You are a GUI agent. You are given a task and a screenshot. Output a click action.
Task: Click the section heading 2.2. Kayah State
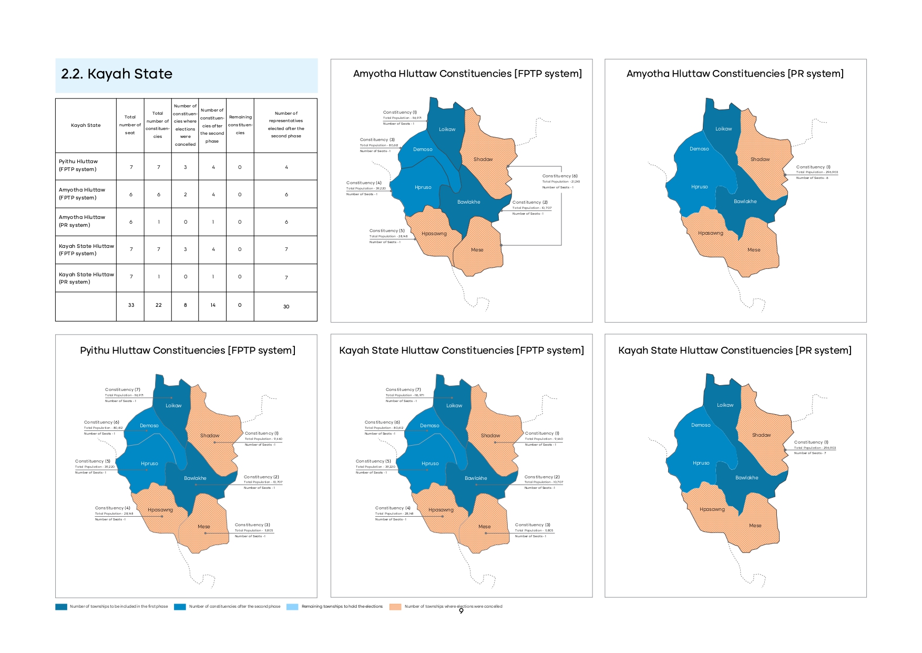[x=117, y=74]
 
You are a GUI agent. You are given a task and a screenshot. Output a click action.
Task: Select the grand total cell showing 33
[x=131, y=305]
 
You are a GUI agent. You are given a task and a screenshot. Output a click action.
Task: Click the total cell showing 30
[x=286, y=306]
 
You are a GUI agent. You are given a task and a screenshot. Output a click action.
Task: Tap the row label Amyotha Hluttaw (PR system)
[x=82, y=221]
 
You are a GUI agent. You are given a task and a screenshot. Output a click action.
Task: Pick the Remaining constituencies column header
[x=240, y=125]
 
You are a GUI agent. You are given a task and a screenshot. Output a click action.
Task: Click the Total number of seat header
[x=130, y=125]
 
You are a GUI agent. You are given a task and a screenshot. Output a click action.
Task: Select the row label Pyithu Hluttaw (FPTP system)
[x=78, y=165]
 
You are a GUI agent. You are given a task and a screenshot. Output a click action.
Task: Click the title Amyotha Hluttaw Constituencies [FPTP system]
[x=467, y=74]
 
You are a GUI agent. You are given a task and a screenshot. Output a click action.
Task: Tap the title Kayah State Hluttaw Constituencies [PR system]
[x=734, y=350]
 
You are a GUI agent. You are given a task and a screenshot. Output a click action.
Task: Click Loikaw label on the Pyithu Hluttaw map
[x=173, y=406]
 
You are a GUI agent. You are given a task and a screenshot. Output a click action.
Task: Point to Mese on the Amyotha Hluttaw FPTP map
[x=477, y=250]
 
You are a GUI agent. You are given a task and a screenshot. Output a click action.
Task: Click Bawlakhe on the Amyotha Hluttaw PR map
[x=745, y=202]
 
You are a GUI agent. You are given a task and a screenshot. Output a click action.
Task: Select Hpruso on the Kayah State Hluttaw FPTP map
[x=430, y=464]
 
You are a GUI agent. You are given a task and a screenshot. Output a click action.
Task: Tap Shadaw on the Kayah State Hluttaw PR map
[x=761, y=435]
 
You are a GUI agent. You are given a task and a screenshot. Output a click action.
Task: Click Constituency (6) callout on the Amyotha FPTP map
[x=560, y=176]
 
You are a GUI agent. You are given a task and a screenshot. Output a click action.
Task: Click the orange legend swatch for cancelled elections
[x=395, y=607]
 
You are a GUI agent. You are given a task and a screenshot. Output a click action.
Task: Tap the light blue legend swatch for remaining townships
[x=292, y=607]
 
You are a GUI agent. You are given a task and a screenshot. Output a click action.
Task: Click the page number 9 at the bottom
[x=461, y=611]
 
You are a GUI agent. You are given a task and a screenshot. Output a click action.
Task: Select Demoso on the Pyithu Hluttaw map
[x=149, y=426]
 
